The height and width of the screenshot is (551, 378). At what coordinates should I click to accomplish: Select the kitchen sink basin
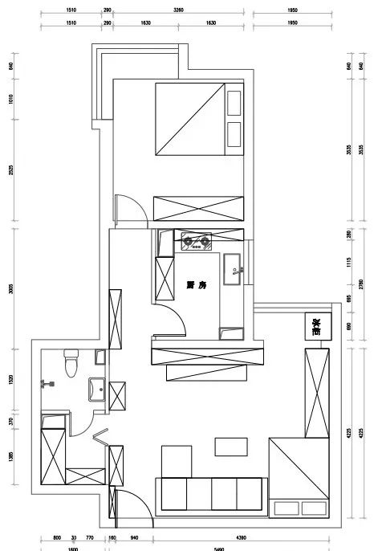[x=234, y=264]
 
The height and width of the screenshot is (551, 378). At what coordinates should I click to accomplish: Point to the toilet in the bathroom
[x=71, y=363]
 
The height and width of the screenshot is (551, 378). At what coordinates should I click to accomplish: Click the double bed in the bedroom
[x=187, y=119]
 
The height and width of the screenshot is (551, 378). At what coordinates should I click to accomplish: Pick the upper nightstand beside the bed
[x=234, y=103]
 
